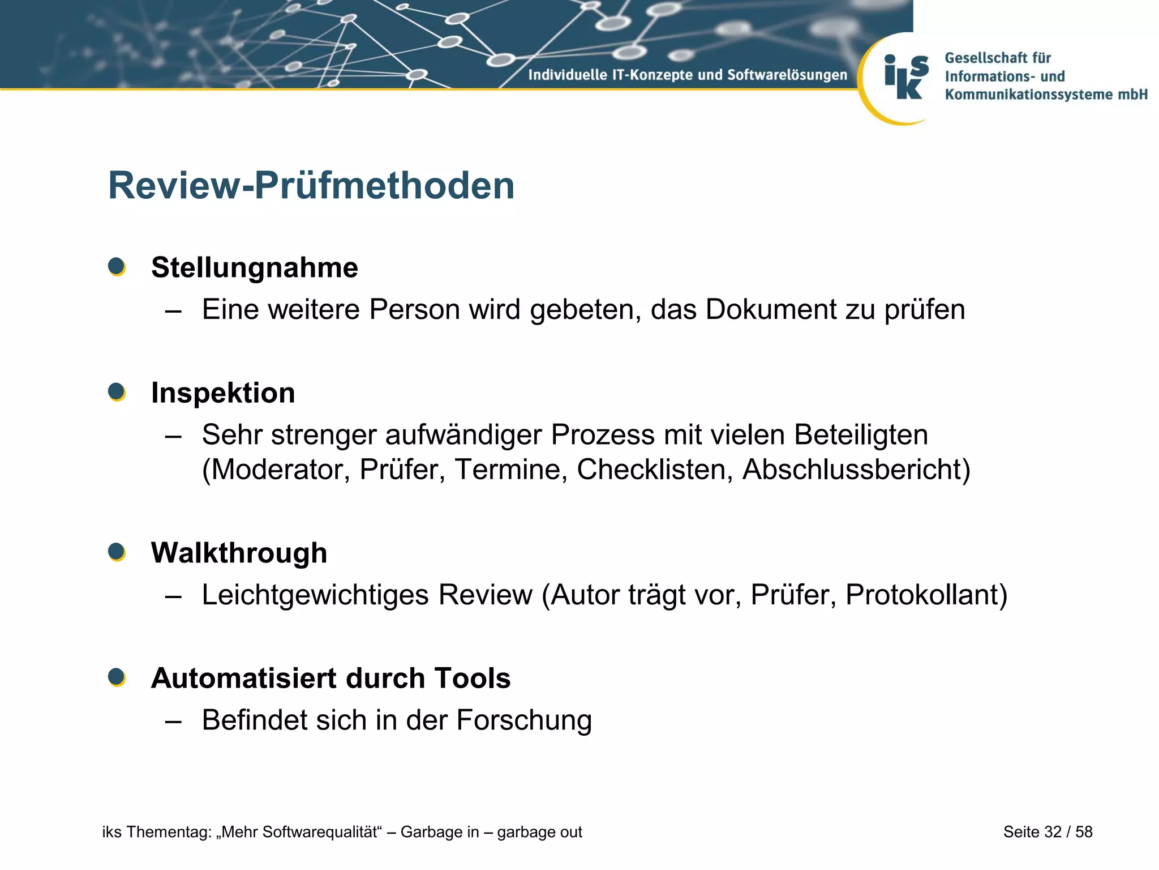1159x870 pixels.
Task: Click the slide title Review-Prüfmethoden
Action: click(x=311, y=186)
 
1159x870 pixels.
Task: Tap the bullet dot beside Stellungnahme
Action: click(x=117, y=266)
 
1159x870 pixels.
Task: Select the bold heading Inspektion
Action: click(x=223, y=393)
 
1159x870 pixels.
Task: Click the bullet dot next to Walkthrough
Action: click(x=117, y=552)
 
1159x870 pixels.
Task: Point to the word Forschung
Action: click(x=524, y=720)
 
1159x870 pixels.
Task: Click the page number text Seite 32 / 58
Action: click(x=1048, y=831)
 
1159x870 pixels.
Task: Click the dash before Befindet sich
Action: click(x=174, y=721)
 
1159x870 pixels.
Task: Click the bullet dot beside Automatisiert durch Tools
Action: click(x=117, y=677)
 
